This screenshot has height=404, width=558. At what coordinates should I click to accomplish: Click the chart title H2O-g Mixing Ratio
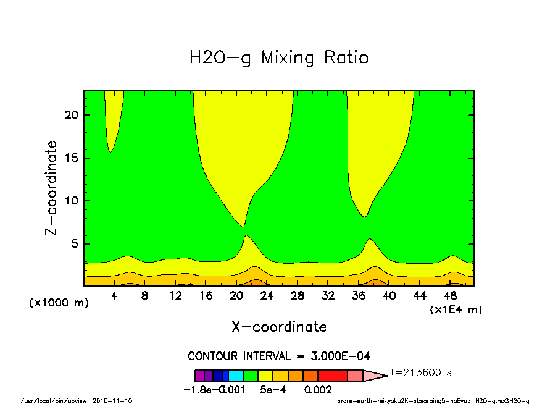279,58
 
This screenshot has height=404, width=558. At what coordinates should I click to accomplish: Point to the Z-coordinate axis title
52,188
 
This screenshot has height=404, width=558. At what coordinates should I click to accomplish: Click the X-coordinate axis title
279,327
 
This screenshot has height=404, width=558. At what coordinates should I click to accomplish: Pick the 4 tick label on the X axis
114,296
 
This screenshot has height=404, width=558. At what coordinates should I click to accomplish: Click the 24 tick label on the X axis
267,296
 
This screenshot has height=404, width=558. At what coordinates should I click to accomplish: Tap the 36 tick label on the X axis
358,296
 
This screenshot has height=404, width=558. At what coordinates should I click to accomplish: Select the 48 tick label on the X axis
450,296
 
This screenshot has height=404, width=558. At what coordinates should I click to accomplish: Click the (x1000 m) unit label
54,303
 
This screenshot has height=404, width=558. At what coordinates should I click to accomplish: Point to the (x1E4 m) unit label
456,309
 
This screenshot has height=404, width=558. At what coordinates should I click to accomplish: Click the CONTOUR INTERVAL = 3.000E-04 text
279,356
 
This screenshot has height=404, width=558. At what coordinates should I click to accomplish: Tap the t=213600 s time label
422,373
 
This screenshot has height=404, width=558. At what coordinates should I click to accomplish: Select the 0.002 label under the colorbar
318,390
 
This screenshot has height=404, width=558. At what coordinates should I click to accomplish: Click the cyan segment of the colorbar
236,375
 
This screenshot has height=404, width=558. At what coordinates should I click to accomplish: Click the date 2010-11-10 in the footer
112,400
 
